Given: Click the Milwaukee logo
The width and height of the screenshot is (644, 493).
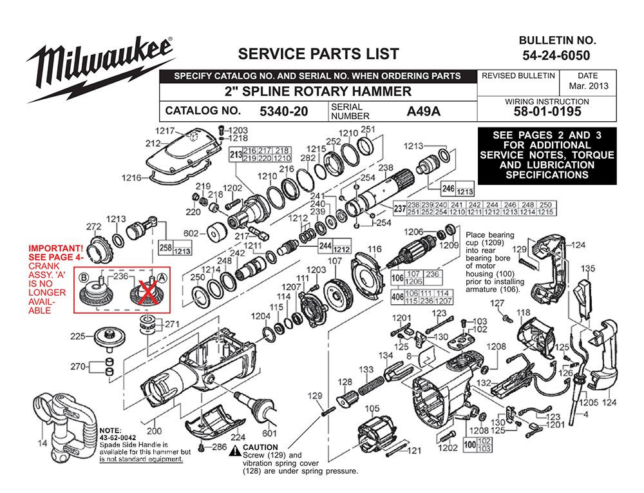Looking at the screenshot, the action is click(x=100, y=68).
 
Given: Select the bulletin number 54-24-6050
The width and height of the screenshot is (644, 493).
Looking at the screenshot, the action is click(x=556, y=55).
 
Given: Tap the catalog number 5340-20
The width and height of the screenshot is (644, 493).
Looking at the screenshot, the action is click(x=284, y=111).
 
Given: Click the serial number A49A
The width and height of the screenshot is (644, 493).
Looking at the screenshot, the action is click(x=424, y=111).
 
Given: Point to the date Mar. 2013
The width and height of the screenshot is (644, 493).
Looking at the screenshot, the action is click(x=588, y=86).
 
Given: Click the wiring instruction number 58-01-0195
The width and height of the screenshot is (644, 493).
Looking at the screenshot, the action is click(x=547, y=111).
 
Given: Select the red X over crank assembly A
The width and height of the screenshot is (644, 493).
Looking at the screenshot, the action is click(x=146, y=293).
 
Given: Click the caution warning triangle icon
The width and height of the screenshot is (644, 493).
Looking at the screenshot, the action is click(x=235, y=450).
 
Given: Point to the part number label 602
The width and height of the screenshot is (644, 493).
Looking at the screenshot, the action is click(x=191, y=233).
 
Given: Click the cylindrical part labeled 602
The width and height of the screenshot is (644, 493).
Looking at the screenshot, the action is click(x=216, y=234).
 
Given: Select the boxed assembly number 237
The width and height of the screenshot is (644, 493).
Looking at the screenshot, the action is click(x=400, y=208).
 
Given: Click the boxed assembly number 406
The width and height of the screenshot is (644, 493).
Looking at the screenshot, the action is click(x=397, y=296).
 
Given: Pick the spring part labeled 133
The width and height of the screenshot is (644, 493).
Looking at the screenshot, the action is click(x=371, y=386).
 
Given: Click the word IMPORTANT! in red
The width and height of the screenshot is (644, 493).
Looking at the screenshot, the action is click(x=55, y=249).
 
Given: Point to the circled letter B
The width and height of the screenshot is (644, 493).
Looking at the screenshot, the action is click(x=84, y=278).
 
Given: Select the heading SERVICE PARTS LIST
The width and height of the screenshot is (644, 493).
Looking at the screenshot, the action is click(x=319, y=54).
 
